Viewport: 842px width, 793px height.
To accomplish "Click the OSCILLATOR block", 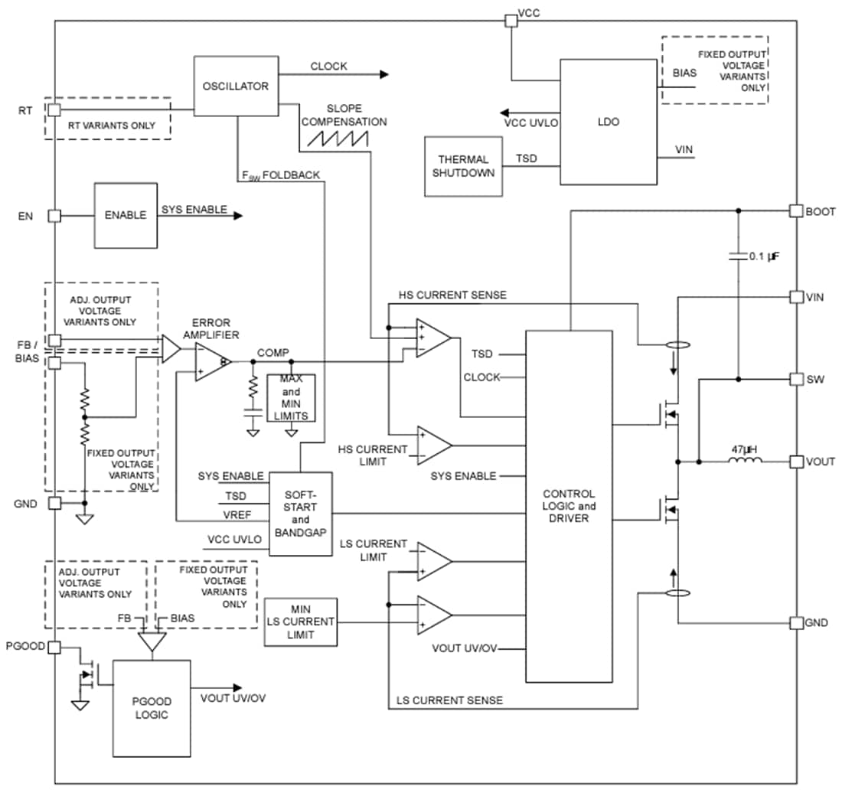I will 236,86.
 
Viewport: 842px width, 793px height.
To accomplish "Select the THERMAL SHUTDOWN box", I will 463,166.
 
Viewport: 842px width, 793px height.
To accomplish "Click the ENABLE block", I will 126,215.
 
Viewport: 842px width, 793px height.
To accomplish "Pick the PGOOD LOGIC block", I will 152,707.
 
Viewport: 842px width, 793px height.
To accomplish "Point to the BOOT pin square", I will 796,211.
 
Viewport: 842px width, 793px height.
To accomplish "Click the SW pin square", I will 796,379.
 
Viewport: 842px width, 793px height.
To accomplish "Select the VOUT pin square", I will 796,462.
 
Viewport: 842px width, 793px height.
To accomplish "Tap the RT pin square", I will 54,110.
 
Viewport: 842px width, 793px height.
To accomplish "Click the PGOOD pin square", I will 54,648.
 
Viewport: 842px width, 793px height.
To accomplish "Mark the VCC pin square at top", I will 510,20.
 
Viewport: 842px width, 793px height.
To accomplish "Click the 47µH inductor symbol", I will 744,461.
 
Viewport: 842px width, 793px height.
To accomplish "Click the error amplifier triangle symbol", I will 212,361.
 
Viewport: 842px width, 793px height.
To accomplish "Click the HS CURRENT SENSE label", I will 452,295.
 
